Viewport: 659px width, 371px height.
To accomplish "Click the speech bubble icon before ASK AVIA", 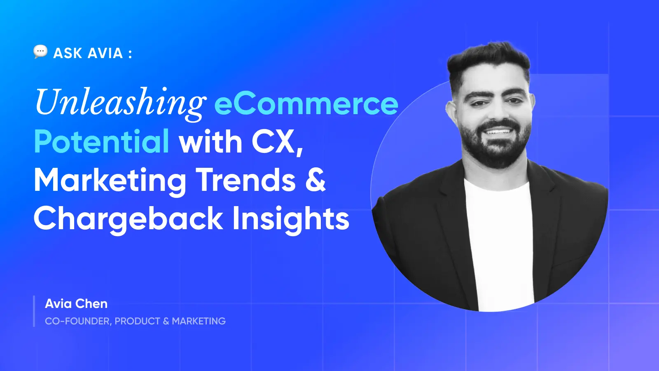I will point(40,52).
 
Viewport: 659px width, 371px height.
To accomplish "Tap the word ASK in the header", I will point(68,53).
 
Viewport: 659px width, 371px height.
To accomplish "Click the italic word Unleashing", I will point(120,103).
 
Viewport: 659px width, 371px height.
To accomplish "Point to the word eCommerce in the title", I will point(306,103).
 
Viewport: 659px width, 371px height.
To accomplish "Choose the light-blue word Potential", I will point(101,141).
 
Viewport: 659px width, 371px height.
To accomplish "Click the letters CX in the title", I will point(273,142).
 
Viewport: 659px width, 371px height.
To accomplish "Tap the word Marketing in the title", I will point(110,181).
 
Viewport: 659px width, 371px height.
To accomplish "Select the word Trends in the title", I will point(246,180).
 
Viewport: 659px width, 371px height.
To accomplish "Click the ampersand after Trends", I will point(315,180).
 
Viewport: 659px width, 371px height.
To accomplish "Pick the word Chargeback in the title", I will point(128,218).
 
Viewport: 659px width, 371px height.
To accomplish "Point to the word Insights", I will point(291,218).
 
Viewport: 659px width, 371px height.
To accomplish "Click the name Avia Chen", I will point(76,304).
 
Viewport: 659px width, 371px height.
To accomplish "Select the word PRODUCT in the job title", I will point(137,321).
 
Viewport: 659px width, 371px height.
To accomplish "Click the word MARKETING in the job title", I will point(199,321).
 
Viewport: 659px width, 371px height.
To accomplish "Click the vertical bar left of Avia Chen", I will point(34,311).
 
